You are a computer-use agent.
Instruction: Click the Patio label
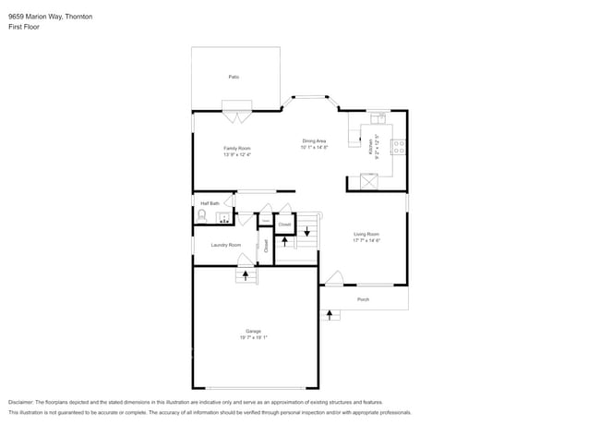234,77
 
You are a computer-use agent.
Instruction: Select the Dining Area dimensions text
314,148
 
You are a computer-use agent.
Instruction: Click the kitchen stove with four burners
399,145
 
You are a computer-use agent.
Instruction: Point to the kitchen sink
378,118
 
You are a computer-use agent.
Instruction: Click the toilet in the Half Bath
202,217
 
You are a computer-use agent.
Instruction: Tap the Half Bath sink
222,218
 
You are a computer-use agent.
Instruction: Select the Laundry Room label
225,245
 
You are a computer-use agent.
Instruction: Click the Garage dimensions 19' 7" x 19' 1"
253,337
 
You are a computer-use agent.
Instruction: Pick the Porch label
363,299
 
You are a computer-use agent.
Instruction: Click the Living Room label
366,234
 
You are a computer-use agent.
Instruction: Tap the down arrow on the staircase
306,231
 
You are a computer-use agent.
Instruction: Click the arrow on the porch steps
330,314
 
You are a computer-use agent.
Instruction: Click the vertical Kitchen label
370,146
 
